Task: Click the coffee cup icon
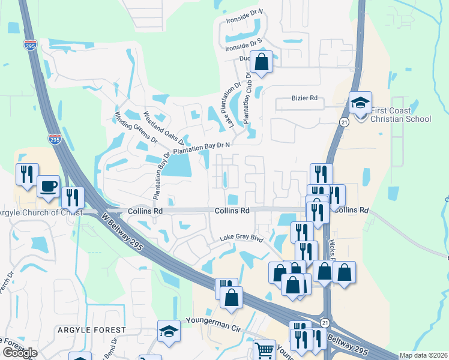pos(47,185)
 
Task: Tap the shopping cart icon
pos(264,350)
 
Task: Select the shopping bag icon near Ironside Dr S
pos(262,61)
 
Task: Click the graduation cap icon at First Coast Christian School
pos(361,102)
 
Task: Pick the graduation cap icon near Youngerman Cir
pos(169,331)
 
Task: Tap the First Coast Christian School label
pos(400,115)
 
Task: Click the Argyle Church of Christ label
pos(39,212)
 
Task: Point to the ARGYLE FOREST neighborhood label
pos(92,330)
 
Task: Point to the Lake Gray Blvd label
pos(241,238)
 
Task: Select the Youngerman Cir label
pos(212,329)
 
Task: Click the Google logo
pos(20,353)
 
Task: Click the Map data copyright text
pos(424,355)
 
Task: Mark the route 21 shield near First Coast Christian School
pos(343,122)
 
